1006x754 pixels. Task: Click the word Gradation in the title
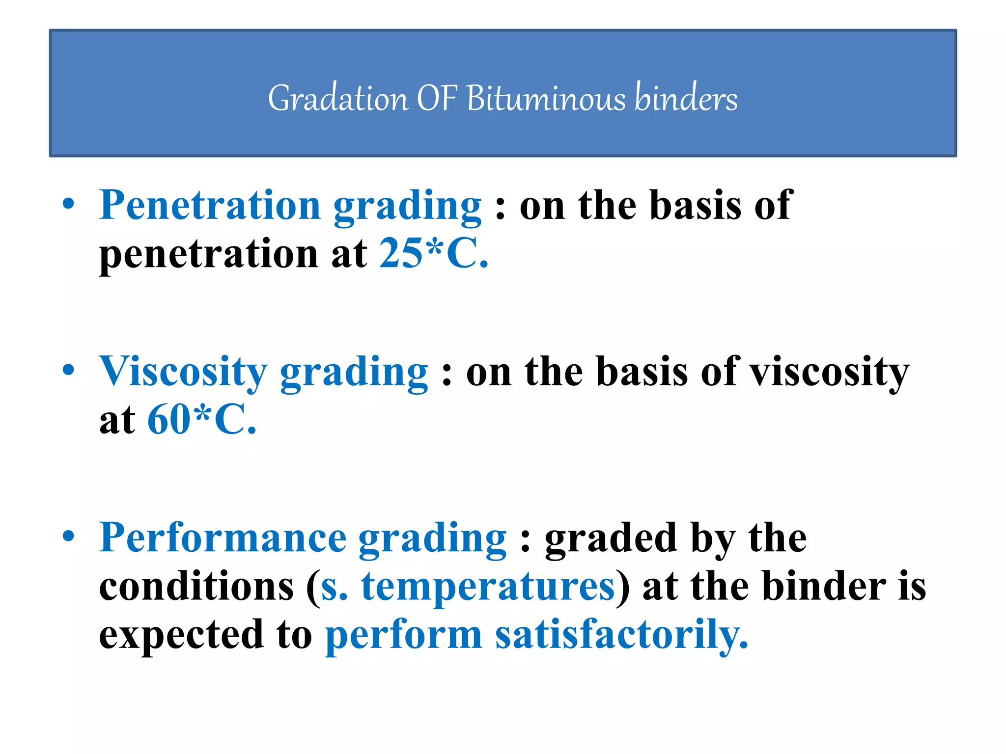(x=337, y=98)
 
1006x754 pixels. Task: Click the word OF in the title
(x=437, y=98)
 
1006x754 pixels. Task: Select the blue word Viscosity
(x=183, y=371)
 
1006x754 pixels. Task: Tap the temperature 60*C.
(x=202, y=420)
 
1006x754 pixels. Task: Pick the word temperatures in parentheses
(x=488, y=587)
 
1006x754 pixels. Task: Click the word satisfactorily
(x=621, y=635)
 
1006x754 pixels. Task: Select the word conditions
(x=196, y=587)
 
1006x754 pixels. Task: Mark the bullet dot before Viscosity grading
(x=69, y=370)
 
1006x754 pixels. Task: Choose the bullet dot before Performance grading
(x=69, y=536)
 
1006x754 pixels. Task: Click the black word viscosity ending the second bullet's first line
(x=830, y=372)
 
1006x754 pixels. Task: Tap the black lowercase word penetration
(x=209, y=254)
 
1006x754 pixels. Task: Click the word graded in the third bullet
(x=611, y=539)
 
